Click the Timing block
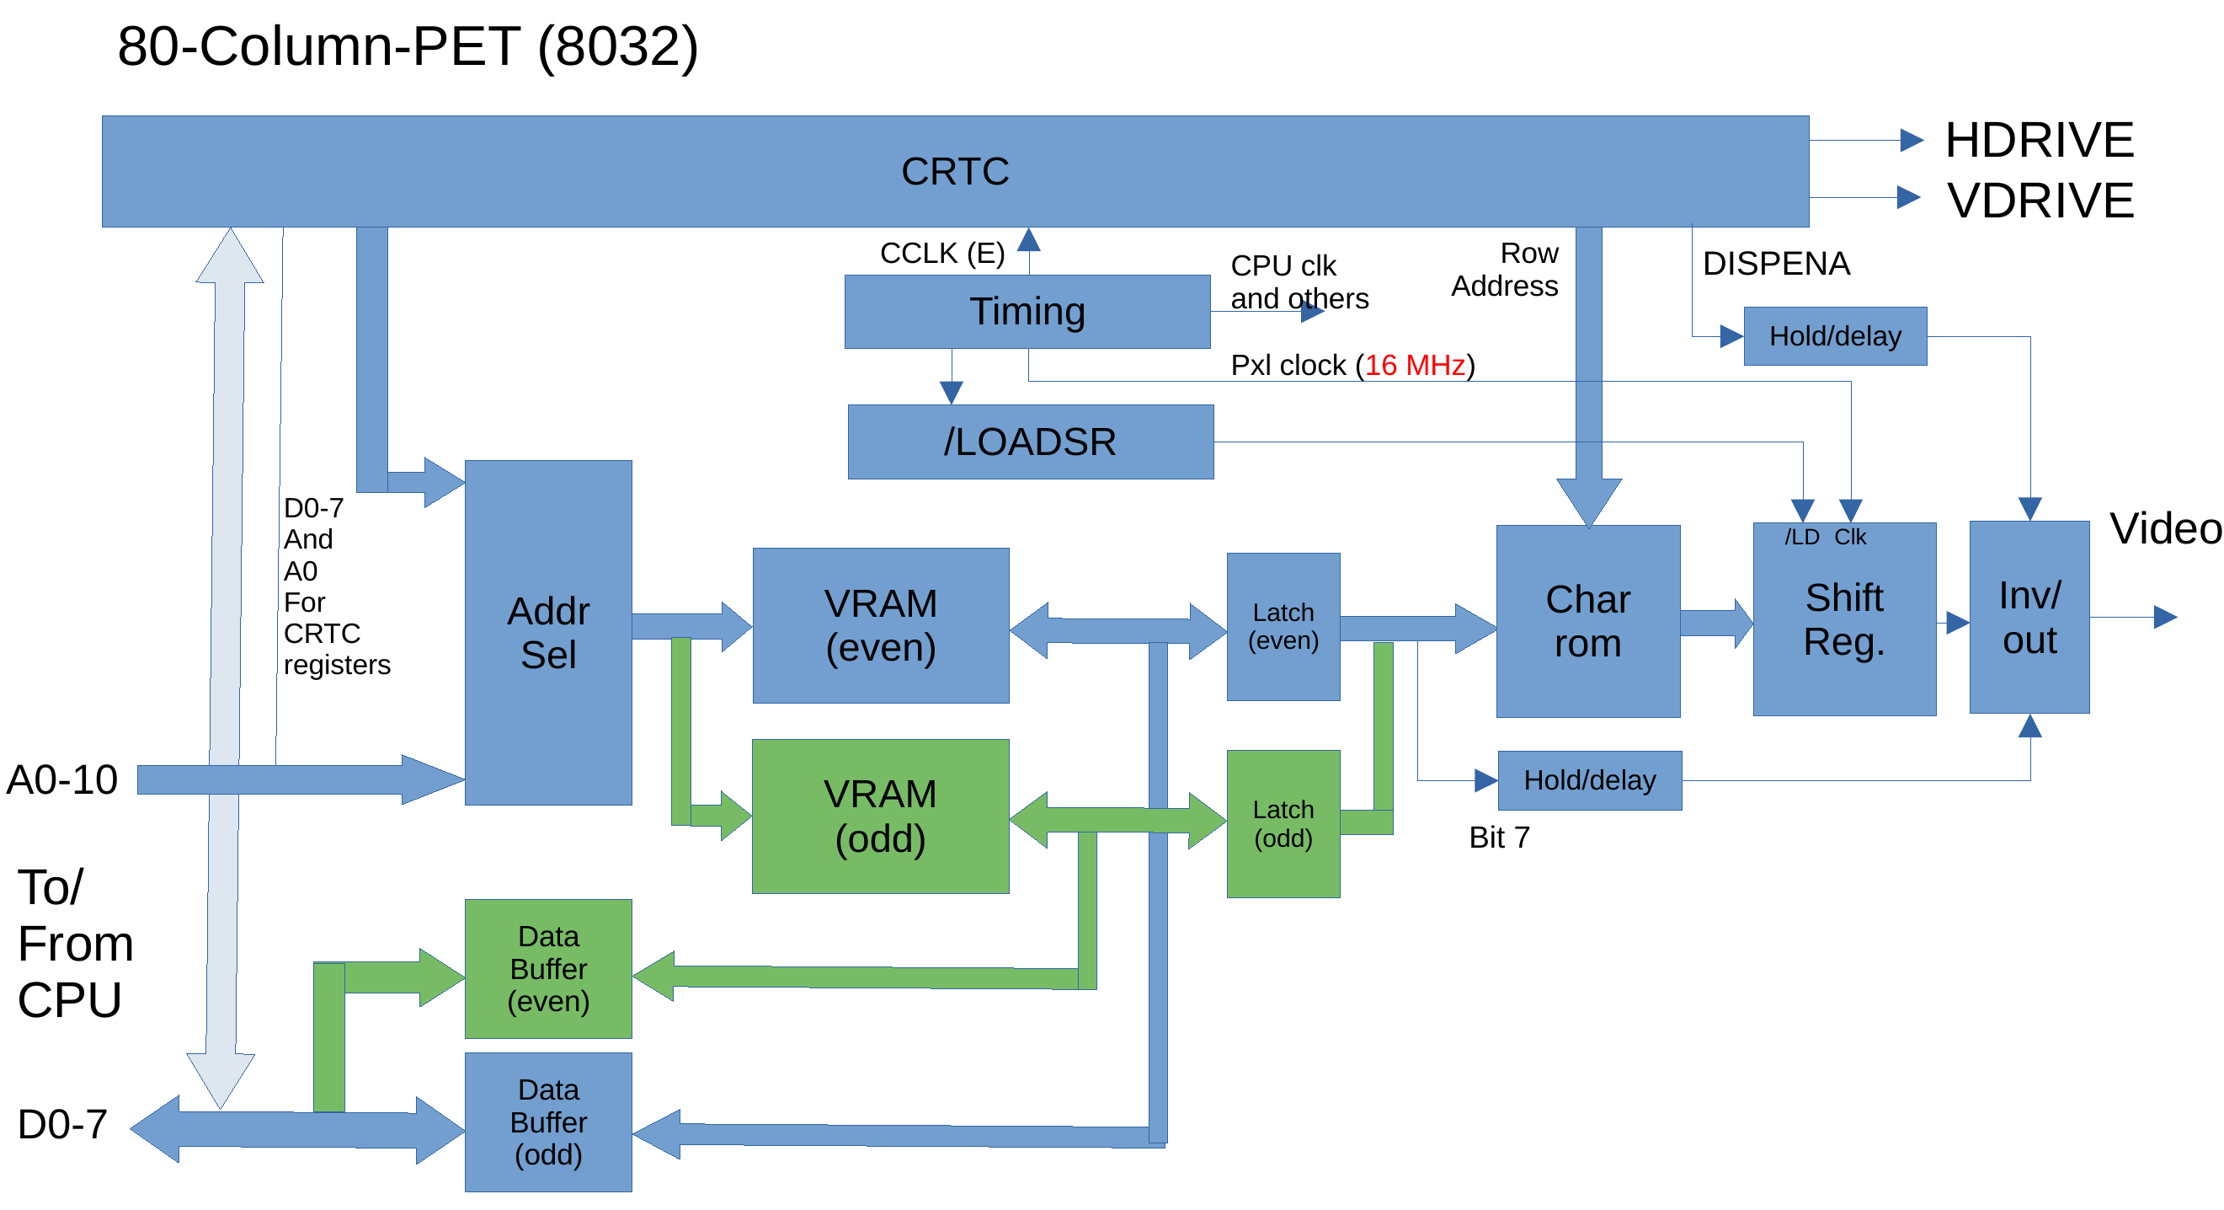(1027, 312)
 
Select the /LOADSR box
(1030, 442)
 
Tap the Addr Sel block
(548, 632)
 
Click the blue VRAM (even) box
(881, 625)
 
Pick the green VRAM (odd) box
(881, 816)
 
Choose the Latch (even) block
(1283, 626)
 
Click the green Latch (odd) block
(1283, 823)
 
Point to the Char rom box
(1587, 621)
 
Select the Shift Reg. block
(1844, 619)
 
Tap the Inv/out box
(2029, 617)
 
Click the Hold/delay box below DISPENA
(1835, 336)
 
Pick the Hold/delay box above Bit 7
(1589, 780)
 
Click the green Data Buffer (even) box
(548, 968)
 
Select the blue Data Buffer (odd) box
(548, 1121)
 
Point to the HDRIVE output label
(2040, 140)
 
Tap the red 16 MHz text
(1414, 366)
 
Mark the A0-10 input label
(62, 780)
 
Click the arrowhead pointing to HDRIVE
(1912, 140)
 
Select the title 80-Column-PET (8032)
(408, 46)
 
